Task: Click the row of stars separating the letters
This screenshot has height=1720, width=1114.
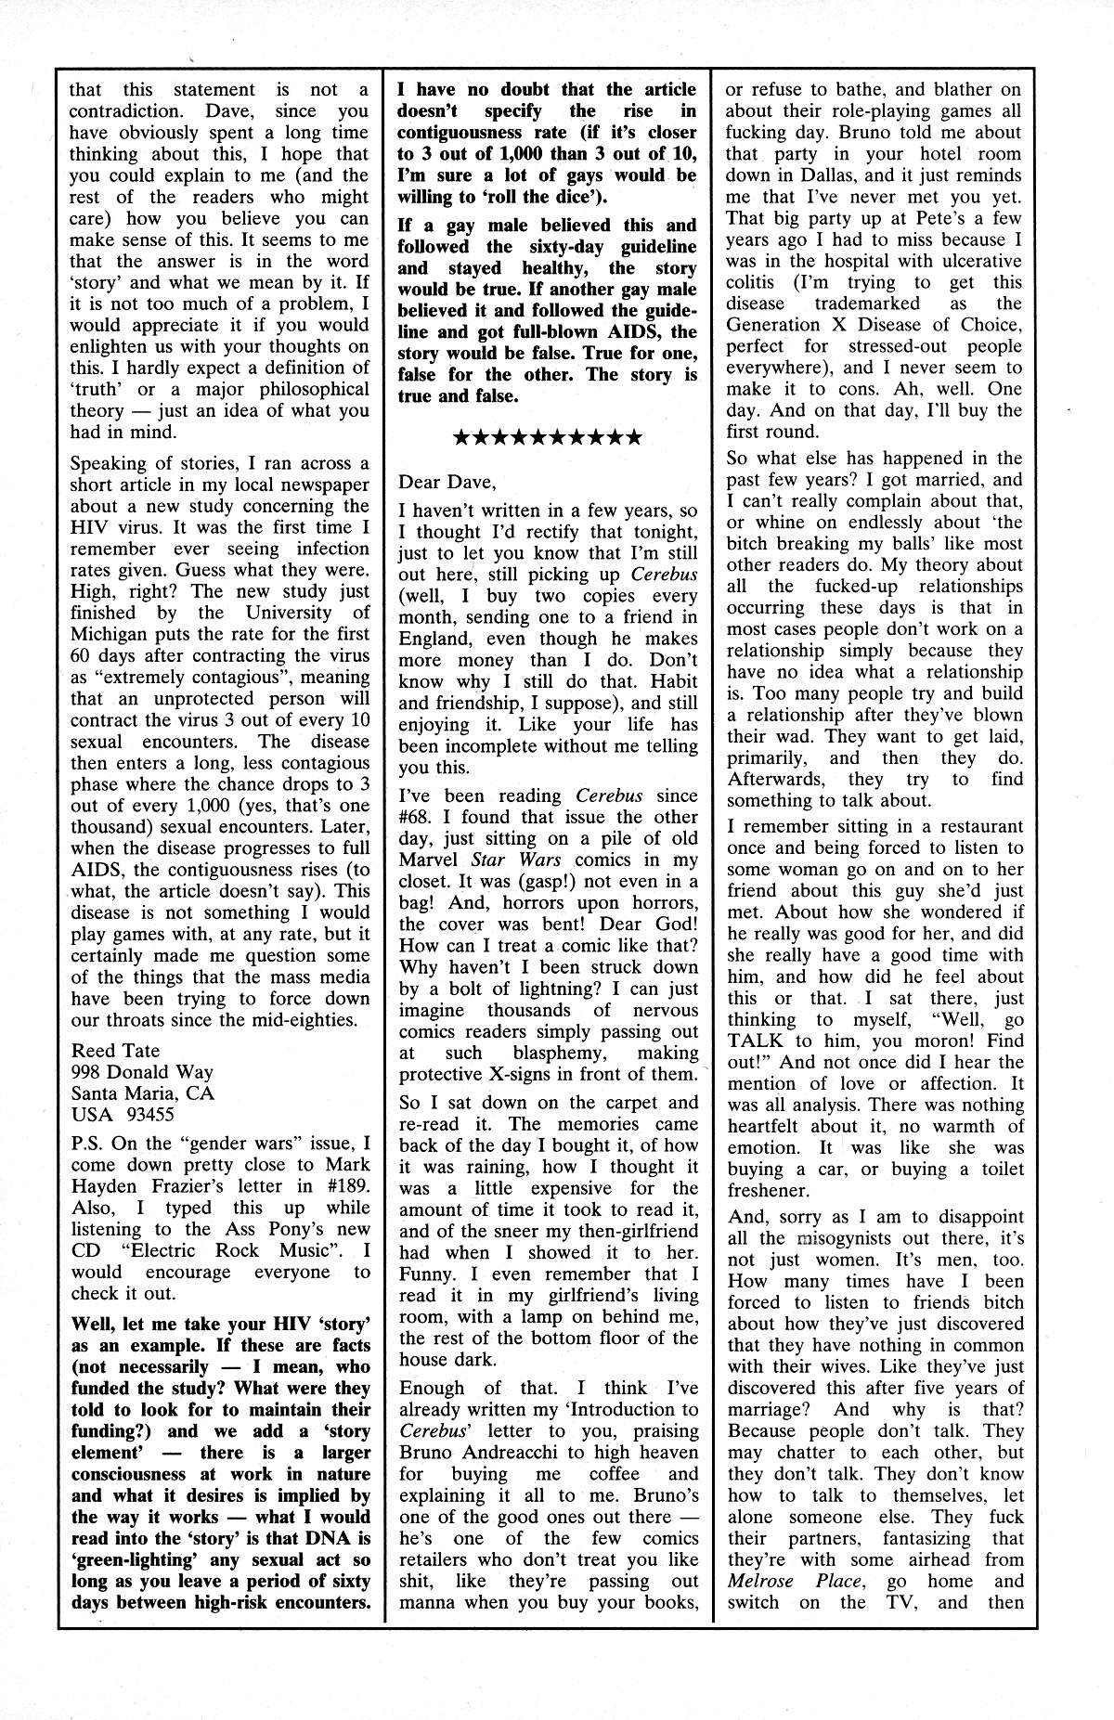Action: point(547,437)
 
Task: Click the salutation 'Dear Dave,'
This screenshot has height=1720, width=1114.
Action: point(447,482)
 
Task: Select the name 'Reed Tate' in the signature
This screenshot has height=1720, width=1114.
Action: point(115,1051)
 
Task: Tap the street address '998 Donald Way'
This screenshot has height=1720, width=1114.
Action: point(140,1072)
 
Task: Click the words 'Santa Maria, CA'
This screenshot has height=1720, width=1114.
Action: point(142,1093)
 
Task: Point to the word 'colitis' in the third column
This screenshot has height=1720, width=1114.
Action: point(755,282)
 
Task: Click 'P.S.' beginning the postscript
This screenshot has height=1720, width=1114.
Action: point(89,1144)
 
